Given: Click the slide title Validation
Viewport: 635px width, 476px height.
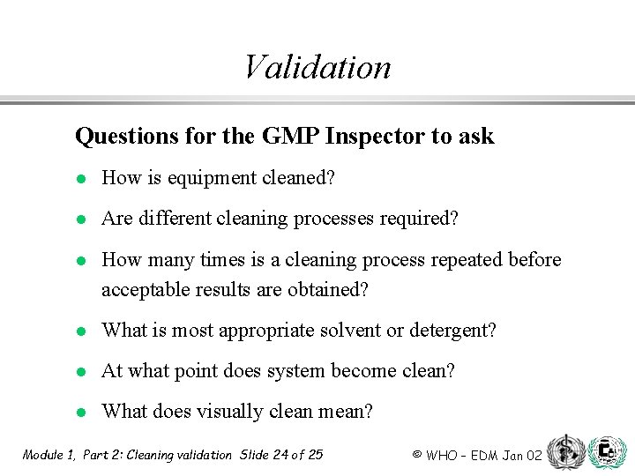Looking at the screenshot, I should tap(317, 67).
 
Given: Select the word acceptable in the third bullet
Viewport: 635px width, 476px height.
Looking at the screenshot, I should tap(145, 290).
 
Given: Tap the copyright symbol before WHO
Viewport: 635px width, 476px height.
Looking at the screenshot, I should tap(416, 455).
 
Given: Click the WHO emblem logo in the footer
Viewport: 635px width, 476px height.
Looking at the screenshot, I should tap(564, 451).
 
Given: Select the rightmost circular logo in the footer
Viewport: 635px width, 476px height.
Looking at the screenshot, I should tap(607, 451).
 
